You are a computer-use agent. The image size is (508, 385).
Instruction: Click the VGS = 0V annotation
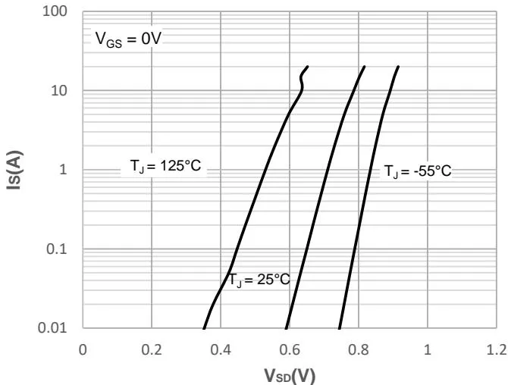point(124,40)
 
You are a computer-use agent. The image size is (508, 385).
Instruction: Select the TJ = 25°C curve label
point(260,280)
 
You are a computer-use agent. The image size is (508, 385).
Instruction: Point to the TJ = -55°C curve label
point(417,171)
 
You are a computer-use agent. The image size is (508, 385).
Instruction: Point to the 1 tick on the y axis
point(64,170)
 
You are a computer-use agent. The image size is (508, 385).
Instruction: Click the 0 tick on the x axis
point(83,349)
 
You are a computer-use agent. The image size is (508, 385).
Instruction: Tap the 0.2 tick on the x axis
point(152,349)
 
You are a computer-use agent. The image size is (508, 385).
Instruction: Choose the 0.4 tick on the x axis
point(221,349)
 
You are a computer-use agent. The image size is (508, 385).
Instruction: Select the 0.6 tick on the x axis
point(289,349)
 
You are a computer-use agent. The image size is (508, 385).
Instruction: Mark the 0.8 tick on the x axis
point(358,349)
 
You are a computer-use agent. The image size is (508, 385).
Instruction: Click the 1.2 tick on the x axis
point(496,349)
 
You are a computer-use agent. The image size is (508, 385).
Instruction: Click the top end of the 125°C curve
point(307,67)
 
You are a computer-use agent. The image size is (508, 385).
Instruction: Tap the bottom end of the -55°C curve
point(338,327)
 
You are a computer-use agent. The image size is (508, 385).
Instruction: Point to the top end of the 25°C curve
point(365,67)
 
